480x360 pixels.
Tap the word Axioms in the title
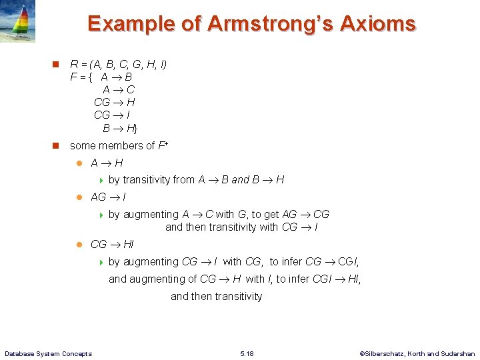click(x=377, y=24)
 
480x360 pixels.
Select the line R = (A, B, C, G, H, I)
click(x=119, y=65)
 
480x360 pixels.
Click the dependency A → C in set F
click(x=119, y=89)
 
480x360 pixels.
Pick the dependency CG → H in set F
click(x=115, y=102)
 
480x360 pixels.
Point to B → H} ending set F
click(x=120, y=127)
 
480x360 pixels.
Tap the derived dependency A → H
click(x=107, y=163)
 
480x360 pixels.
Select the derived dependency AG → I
click(x=109, y=197)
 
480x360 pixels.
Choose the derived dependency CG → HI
click(x=112, y=245)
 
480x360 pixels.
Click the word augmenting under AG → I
click(x=151, y=215)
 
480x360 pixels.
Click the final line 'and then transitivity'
click(x=217, y=297)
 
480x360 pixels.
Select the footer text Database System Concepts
click(x=48, y=353)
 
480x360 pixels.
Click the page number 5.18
click(x=246, y=353)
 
